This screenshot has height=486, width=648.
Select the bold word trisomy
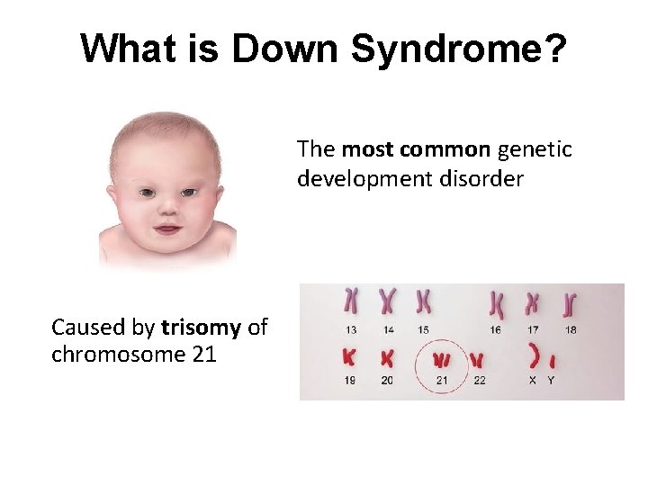tap(202, 327)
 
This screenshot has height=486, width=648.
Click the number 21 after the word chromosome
tap(204, 354)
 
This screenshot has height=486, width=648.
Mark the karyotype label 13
tap(350, 329)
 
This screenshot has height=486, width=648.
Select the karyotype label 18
tap(571, 329)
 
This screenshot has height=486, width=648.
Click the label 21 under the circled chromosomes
tap(441, 381)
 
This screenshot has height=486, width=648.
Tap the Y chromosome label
tap(552, 381)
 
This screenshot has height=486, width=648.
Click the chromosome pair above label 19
tap(349, 357)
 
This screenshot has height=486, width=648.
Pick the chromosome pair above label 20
tap(388, 357)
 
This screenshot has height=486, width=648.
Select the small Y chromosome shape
tap(552, 361)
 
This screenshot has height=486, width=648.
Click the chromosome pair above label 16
tap(496, 304)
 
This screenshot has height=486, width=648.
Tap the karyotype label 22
tap(479, 381)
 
